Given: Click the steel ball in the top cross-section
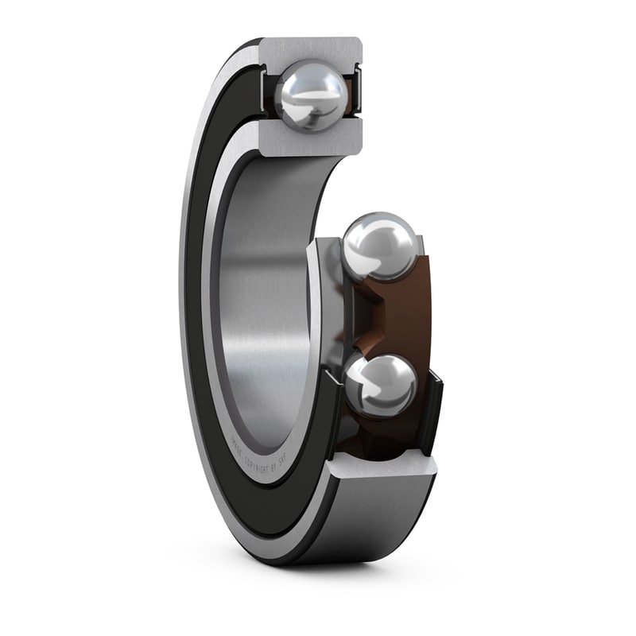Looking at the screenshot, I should [311, 95].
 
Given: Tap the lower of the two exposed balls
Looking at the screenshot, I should [380, 386].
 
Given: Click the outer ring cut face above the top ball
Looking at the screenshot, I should [310, 50].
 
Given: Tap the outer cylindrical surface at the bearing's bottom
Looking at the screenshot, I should [358, 525].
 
